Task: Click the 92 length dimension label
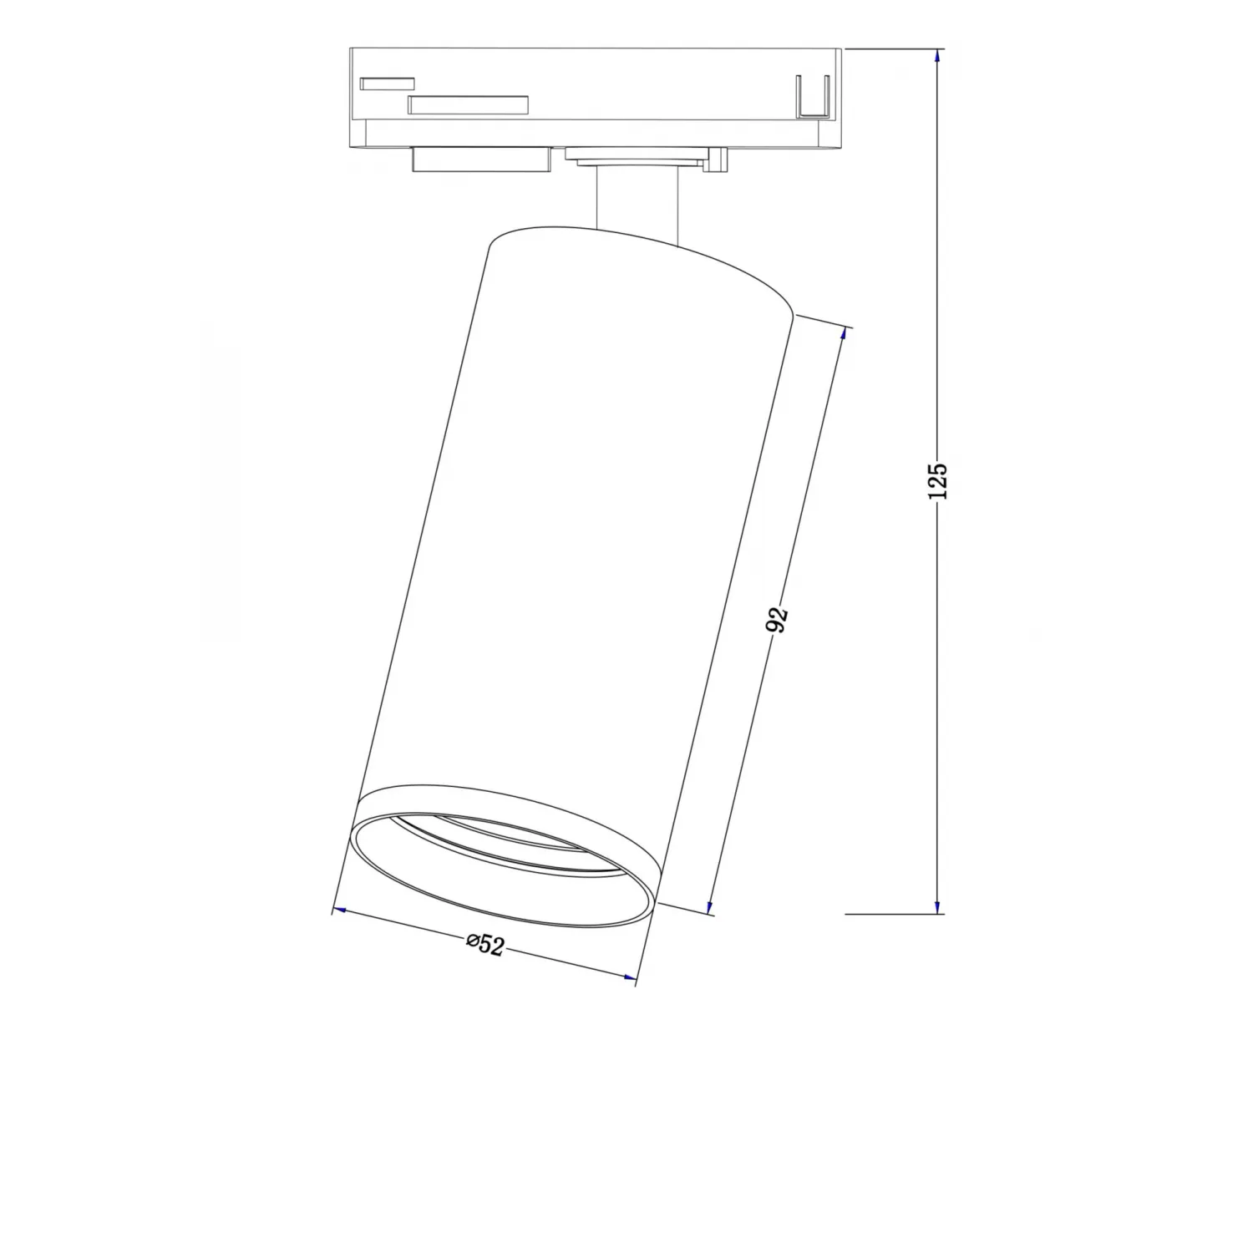[777, 619]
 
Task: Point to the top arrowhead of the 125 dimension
[937, 57]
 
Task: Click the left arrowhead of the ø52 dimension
[340, 911]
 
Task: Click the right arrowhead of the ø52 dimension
[629, 976]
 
